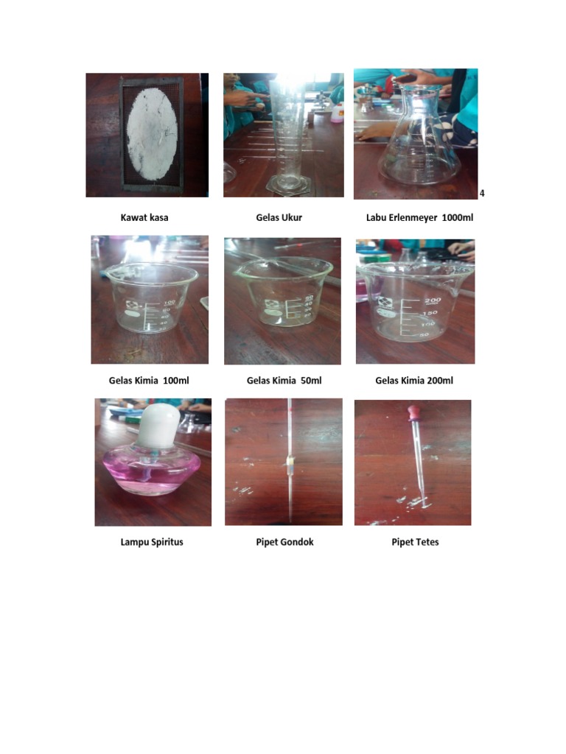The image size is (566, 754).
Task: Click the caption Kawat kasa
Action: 150,217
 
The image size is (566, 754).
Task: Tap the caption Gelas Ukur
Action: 279,217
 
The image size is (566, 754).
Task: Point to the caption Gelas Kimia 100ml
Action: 150,381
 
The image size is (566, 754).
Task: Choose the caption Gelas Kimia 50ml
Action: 284,381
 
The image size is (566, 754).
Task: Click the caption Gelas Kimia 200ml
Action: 414,381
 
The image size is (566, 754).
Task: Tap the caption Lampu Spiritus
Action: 152,542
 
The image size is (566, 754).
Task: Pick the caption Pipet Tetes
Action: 415,542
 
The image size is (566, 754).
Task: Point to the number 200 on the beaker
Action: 432,300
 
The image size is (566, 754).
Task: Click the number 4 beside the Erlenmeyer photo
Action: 482,194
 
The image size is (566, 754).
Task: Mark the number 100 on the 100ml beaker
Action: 169,303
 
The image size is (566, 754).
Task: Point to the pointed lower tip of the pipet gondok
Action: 293,511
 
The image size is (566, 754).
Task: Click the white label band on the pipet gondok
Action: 291,463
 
